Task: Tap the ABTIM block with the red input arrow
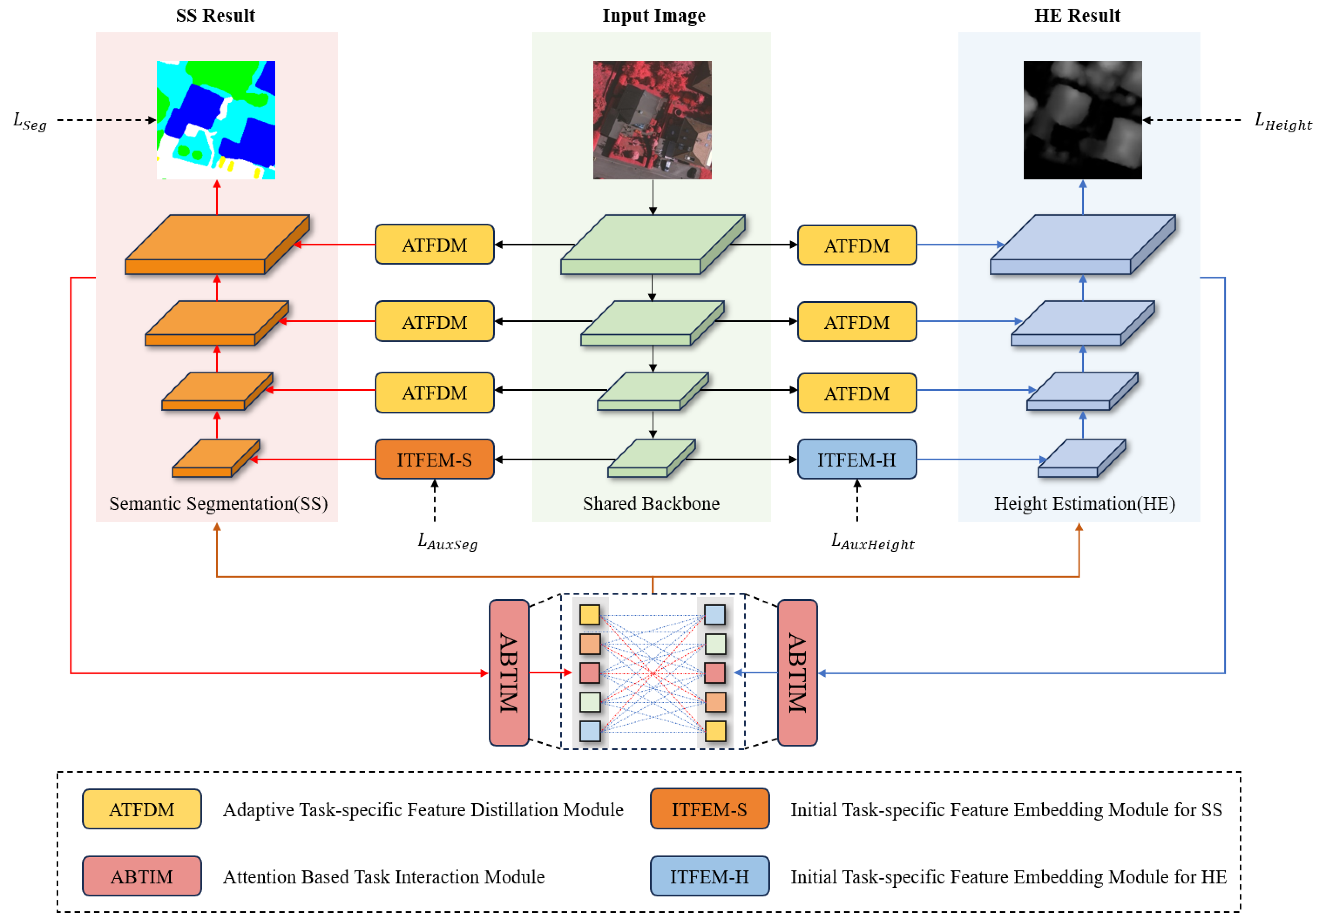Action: [509, 673]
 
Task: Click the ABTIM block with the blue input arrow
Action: [797, 673]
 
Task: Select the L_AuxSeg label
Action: [447, 541]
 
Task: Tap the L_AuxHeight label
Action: [872, 541]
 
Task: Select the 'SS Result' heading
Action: [215, 15]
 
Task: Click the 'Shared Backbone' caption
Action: [651, 503]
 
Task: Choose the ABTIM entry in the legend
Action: [142, 876]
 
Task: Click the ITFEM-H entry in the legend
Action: [709, 876]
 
